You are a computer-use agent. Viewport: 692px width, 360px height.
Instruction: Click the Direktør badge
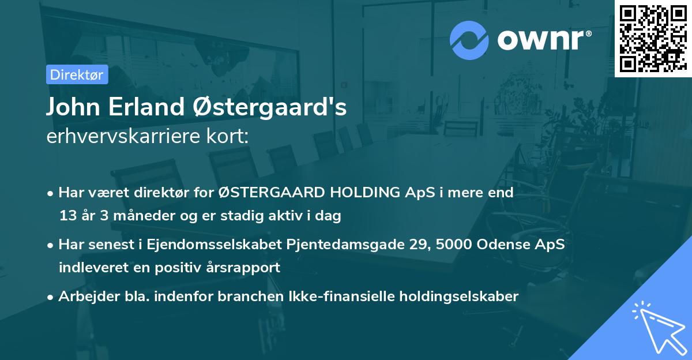(x=77, y=74)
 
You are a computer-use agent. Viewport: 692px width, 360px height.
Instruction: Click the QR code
(x=653, y=39)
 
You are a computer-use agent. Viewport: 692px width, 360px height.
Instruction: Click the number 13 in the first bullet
(x=67, y=216)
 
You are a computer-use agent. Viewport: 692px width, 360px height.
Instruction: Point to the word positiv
(x=194, y=268)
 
